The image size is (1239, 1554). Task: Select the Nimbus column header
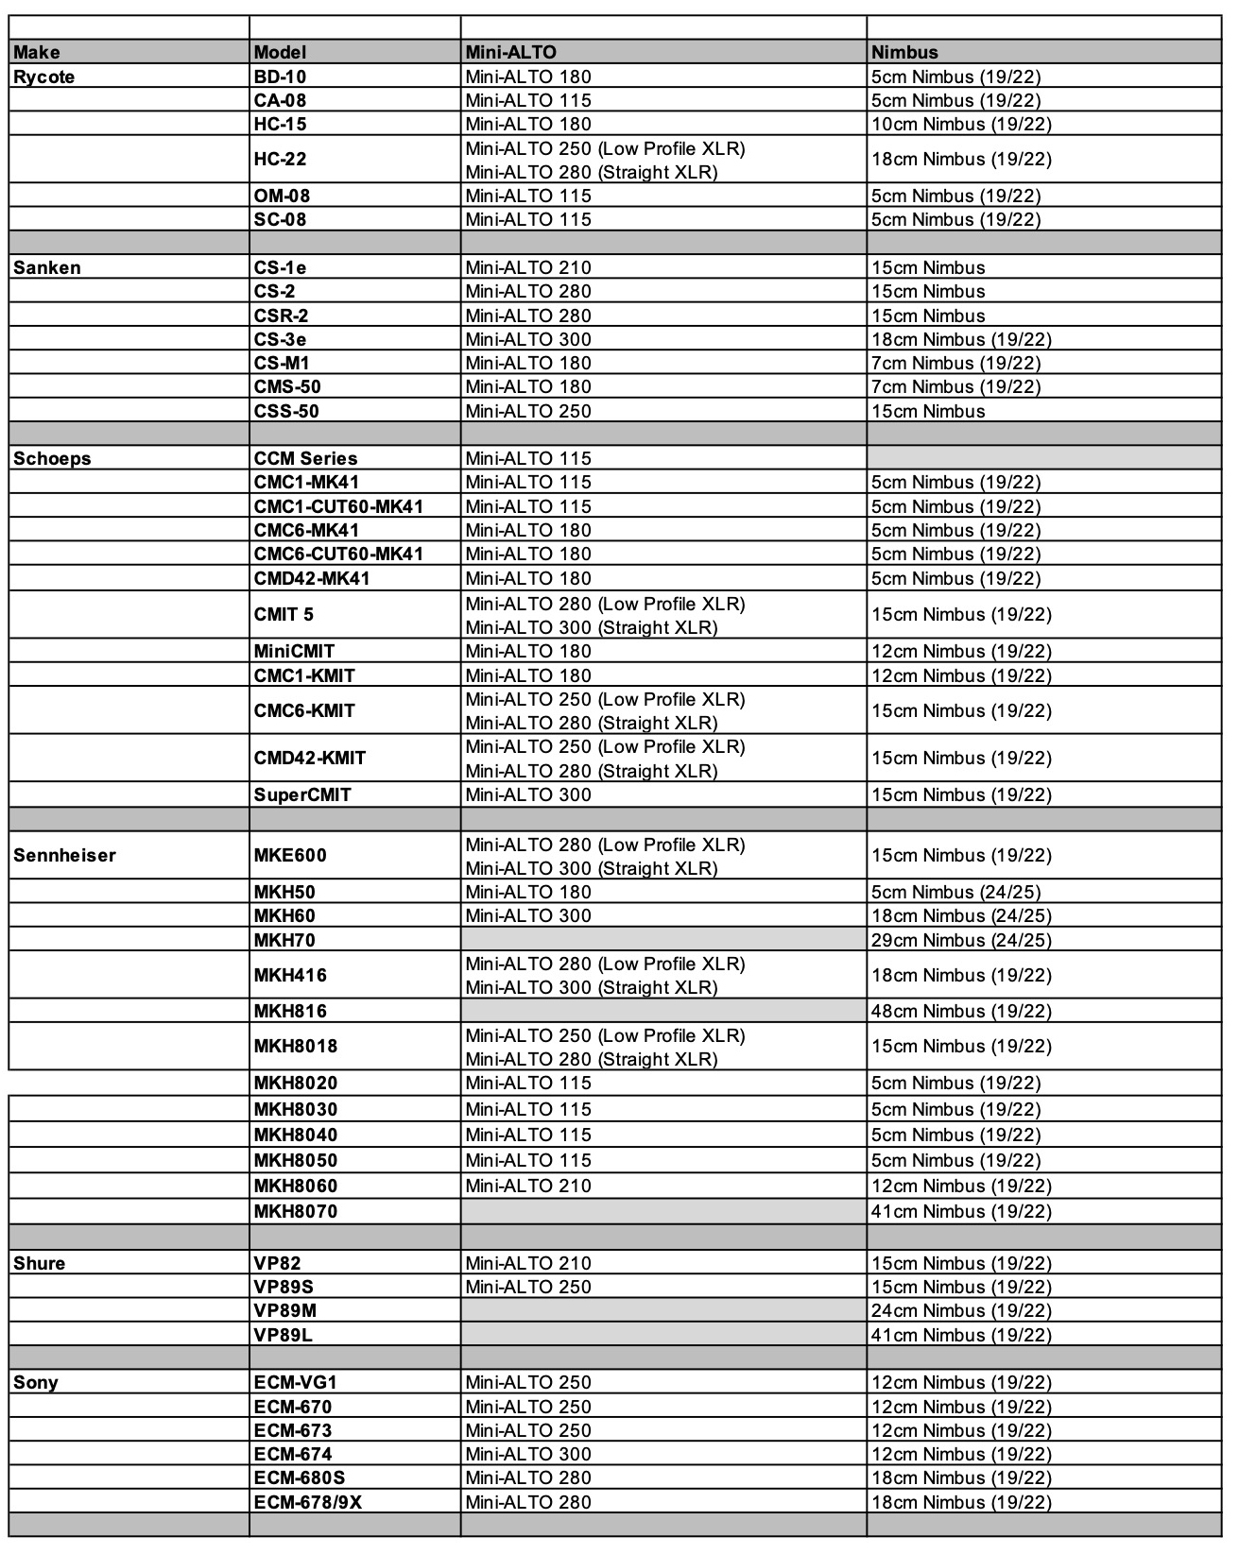pyautogui.click(x=904, y=53)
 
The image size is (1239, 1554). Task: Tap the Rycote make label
pyautogui.click(x=44, y=77)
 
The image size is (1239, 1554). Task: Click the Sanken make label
pyautogui.click(x=47, y=267)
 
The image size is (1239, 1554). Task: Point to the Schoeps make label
pyautogui.click(x=52, y=458)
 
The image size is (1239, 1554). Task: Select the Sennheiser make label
pyautogui.click(x=64, y=855)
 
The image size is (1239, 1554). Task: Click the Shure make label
pyautogui.click(x=40, y=1263)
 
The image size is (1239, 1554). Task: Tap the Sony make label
pyautogui.click(x=36, y=1382)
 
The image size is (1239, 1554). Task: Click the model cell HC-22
pyautogui.click(x=281, y=159)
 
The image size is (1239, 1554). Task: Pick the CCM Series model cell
pyautogui.click(x=305, y=458)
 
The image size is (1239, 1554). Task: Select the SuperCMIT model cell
pyautogui.click(x=302, y=794)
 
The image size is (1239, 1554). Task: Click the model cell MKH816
pyautogui.click(x=290, y=1011)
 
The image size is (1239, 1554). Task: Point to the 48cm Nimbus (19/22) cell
pyautogui.click(x=960, y=1011)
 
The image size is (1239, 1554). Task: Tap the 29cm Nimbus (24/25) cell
pyautogui.click(x=960, y=940)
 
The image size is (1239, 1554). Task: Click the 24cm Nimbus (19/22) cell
pyautogui.click(x=960, y=1310)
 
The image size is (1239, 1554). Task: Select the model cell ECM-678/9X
pyautogui.click(x=308, y=1502)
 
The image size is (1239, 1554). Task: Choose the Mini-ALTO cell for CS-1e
pyautogui.click(x=528, y=267)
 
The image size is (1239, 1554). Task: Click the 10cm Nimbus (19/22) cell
pyautogui.click(x=960, y=124)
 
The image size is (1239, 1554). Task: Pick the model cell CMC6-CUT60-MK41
pyautogui.click(x=338, y=554)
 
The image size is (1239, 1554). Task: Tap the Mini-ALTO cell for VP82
pyautogui.click(x=528, y=1263)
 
